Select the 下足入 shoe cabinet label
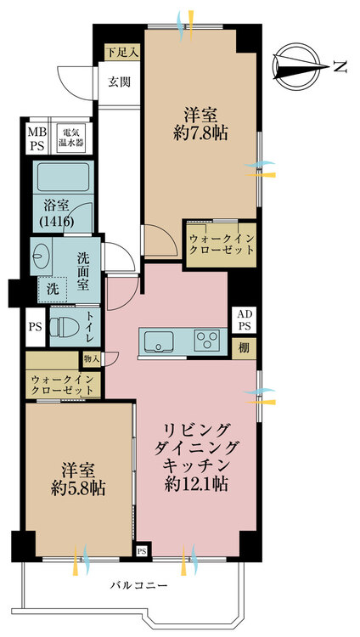click(x=122, y=52)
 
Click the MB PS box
click(x=37, y=138)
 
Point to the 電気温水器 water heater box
click(x=71, y=138)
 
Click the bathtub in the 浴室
click(x=63, y=177)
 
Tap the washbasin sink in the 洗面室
click(x=41, y=256)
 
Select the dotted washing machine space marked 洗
click(x=52, y=290)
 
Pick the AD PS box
click(x=244, y=320)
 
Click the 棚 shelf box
click(x=244, y=348)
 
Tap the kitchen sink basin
click(x=159, y=341)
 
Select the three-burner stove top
click(x=207, y=340)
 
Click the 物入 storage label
click(x=91, y=358)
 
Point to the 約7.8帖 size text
click(x=200, y=133)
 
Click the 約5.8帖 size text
click(x=78, y=488)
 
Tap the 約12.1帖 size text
click(x=196, y=484)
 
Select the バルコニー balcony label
click(x=138, y=586)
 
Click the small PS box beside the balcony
click(x=142, y=551)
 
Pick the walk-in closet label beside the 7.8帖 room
click(x=222, y=243)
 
